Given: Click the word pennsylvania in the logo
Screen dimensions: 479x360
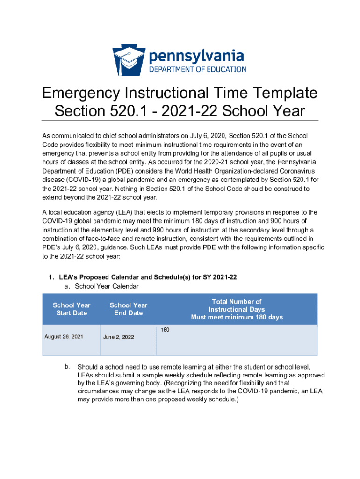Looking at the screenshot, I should coord(196,57).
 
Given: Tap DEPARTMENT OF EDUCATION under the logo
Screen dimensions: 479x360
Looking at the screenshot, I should coord(197,69).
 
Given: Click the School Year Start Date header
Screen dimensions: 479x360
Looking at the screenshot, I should coord(72,309).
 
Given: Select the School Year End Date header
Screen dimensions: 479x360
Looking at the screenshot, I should coord(129,309).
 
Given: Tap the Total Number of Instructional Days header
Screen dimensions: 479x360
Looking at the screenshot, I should coord(237,309).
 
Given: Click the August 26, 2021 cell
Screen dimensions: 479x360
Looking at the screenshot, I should coord(64,336).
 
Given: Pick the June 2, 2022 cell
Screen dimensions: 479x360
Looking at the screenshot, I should coord(118,337).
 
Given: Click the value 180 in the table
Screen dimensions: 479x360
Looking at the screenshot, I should coord(165,330).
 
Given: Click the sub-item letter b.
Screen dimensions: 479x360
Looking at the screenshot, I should coord(68,366).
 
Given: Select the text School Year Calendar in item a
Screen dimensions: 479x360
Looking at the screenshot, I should coord(107,286).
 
